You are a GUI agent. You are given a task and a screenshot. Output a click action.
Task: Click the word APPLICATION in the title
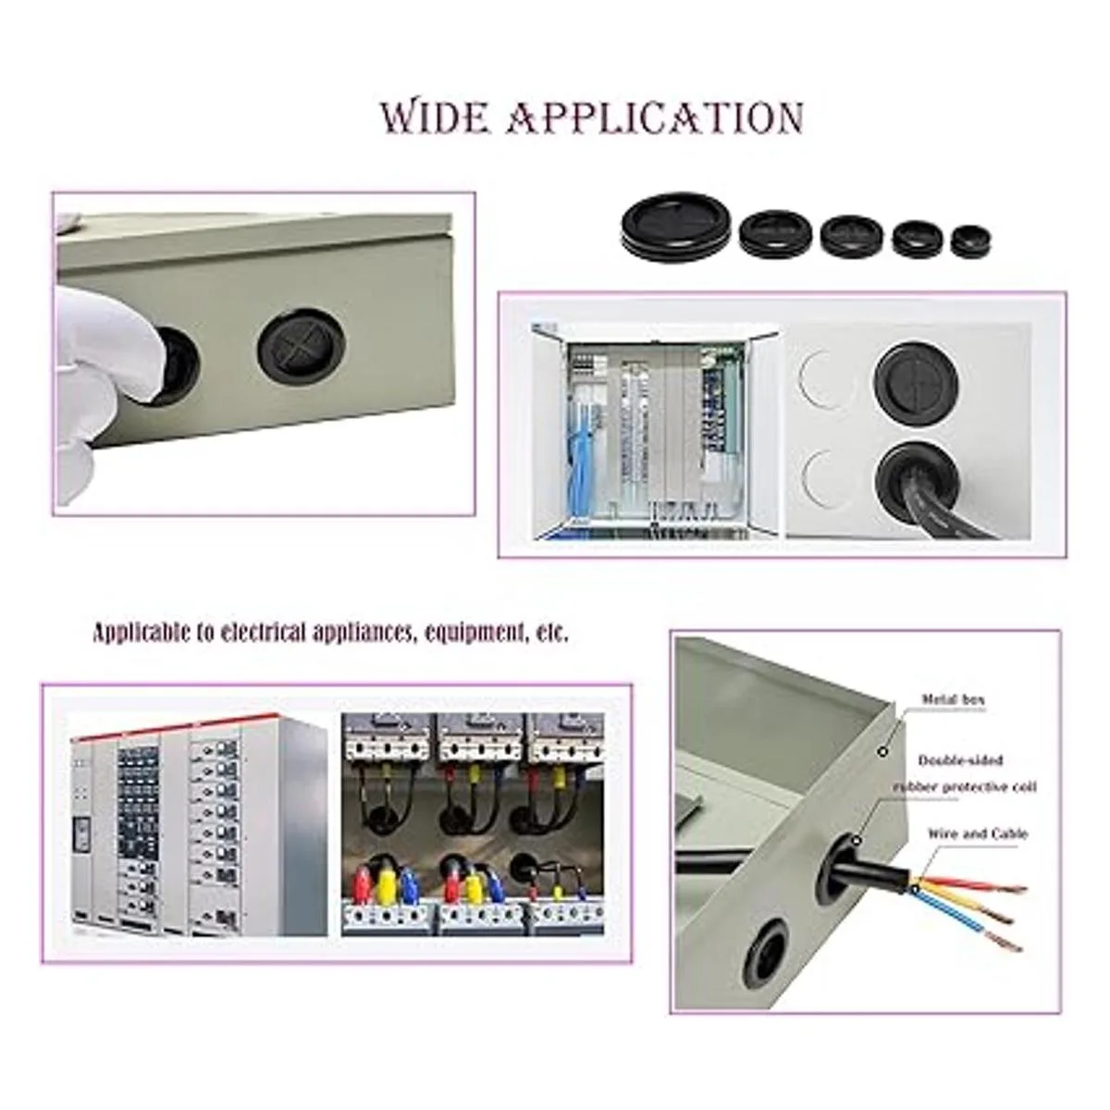(653, 118)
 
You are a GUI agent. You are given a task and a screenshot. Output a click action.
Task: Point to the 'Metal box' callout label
(954, 700)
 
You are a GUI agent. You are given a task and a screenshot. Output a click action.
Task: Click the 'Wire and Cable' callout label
(978, 833)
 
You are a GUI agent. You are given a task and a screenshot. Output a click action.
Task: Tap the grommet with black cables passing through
(917, 477)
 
